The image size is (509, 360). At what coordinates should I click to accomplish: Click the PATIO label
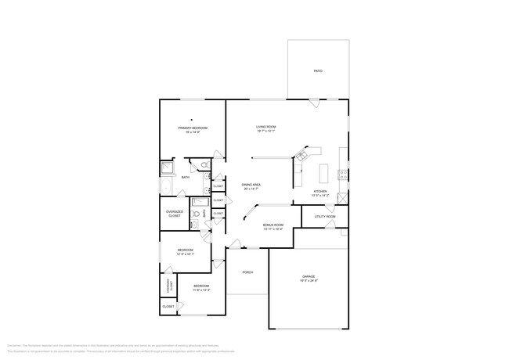[318, 71]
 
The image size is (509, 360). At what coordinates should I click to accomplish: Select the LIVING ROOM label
[266, 127]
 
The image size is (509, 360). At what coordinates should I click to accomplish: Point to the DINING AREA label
[251, 185]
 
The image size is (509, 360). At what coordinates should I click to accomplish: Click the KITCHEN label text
[320, 192]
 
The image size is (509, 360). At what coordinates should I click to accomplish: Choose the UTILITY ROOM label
[324, 216]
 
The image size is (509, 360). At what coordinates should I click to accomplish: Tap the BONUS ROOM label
[273, 225]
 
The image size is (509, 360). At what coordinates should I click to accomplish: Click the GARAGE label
[309, 276]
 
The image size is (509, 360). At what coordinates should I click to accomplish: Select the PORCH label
[247, 272]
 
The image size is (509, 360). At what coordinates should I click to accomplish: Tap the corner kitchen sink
[298, 155]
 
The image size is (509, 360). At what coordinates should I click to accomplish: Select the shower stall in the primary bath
[168, 167]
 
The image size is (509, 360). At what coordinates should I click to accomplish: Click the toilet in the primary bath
[203, 165]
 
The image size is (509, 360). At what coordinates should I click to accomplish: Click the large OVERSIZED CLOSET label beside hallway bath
[175, 213]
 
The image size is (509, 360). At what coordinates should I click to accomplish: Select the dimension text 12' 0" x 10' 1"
[185, 254]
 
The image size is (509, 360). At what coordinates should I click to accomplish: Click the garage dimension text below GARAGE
[309, 280]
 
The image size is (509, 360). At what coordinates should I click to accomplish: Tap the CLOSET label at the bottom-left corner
[168, 307]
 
